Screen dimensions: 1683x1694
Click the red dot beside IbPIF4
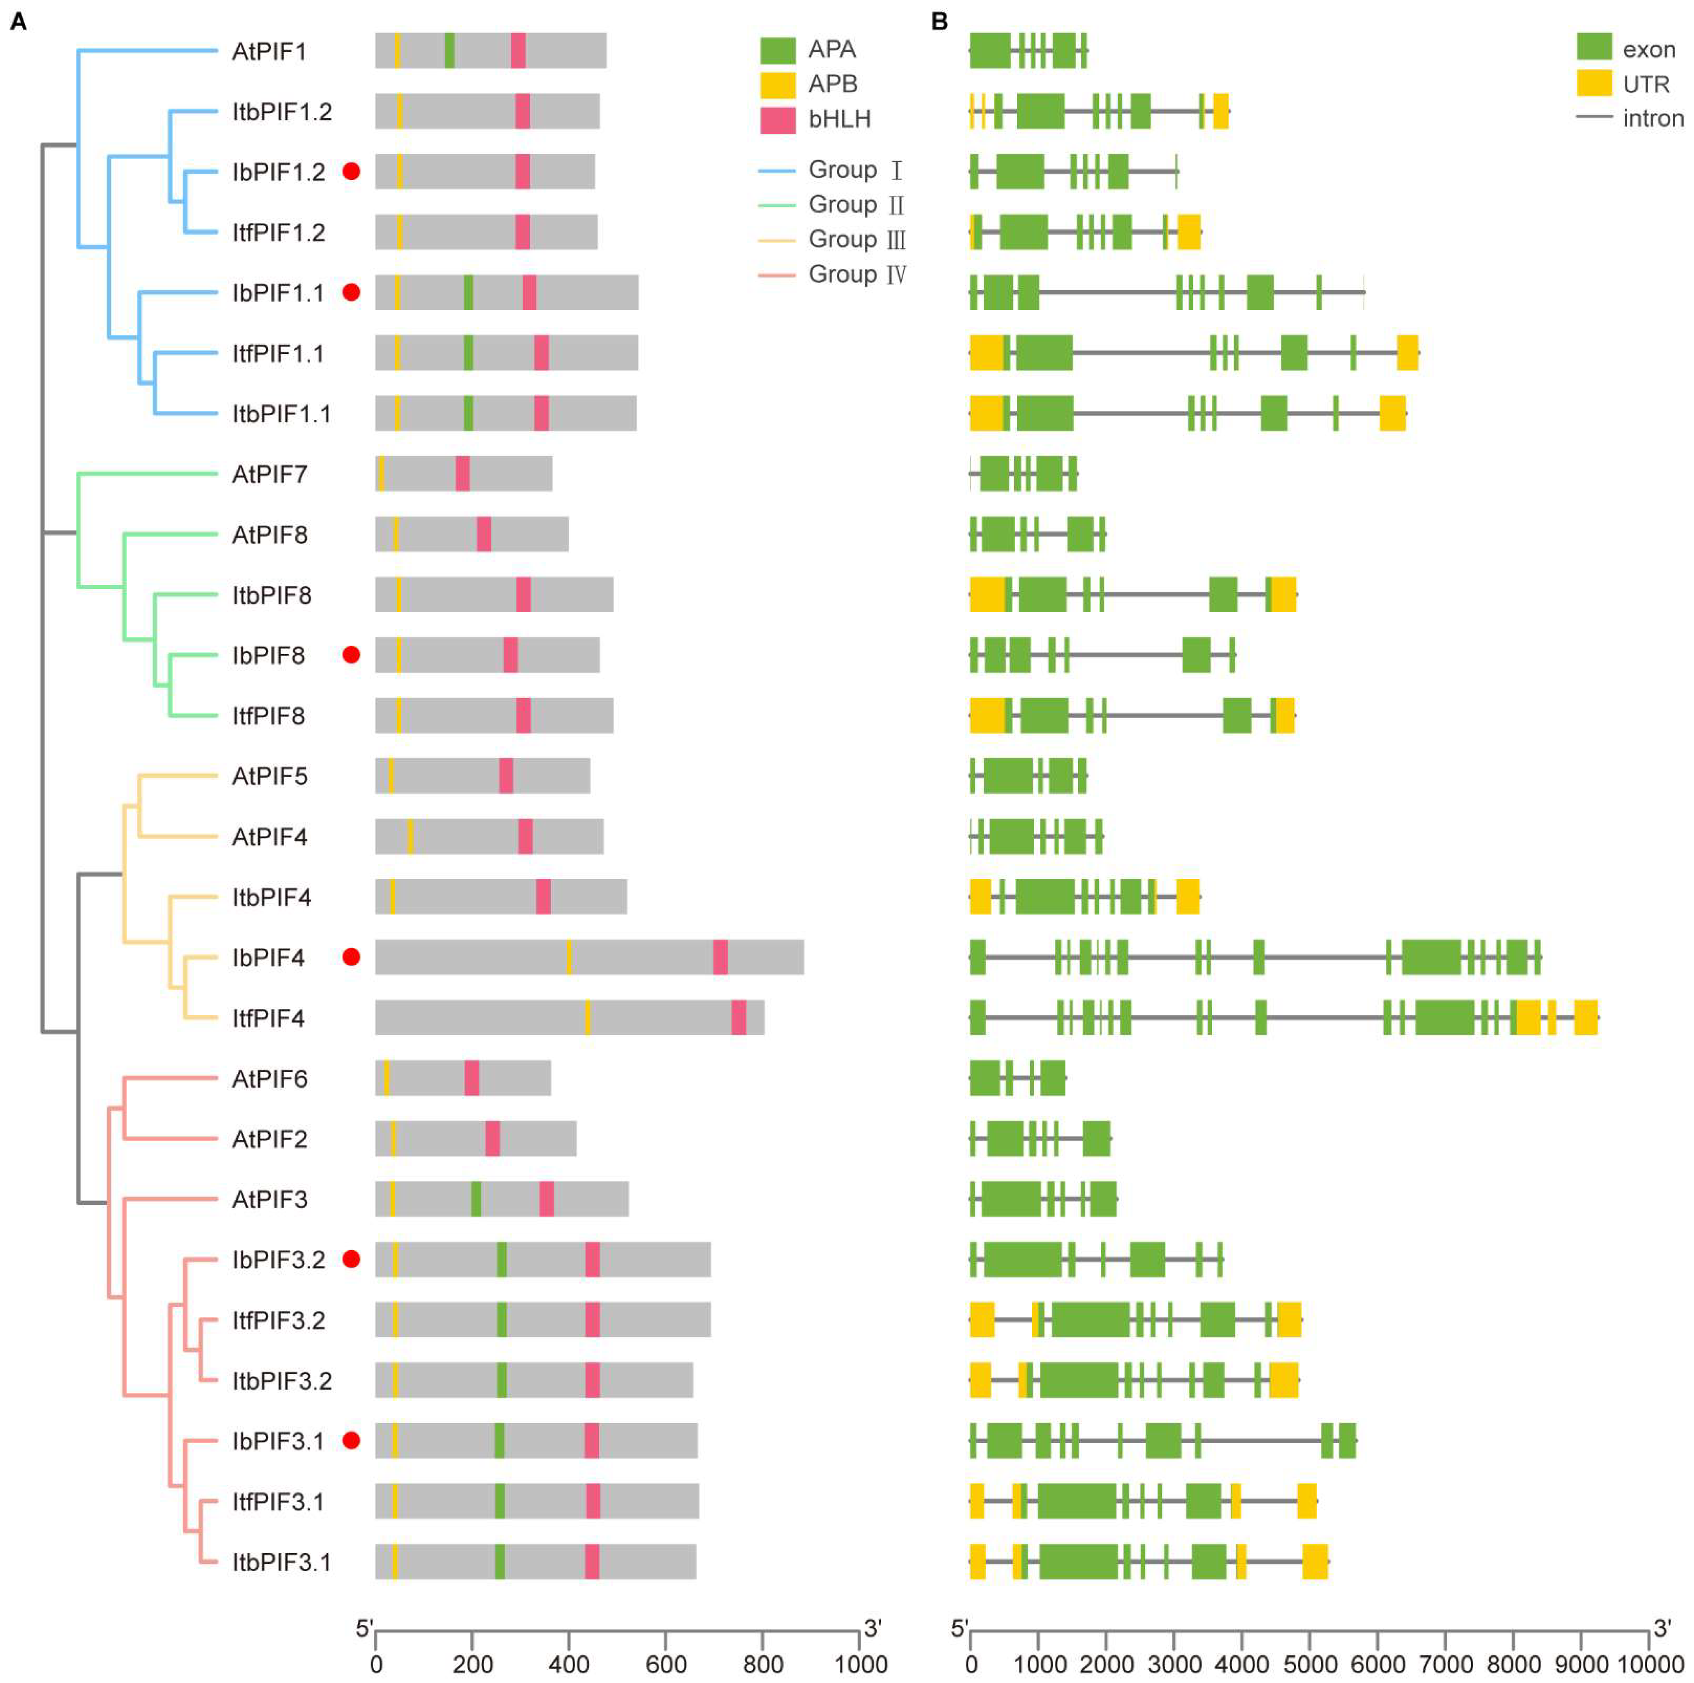pos(351,957)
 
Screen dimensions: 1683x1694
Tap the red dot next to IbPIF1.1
pos(351,292)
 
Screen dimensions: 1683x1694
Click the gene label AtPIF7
pos(269,474)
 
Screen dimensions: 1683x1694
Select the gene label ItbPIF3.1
pos(281,1562)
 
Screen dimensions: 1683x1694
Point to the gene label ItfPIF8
pos(268,716)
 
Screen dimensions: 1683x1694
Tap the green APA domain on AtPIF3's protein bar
pos(476,1199)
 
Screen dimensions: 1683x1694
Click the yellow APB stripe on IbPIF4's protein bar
pos(569,957)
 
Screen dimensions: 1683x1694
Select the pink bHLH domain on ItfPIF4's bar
pos(739,1017)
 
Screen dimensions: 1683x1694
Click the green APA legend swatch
pos(778,50)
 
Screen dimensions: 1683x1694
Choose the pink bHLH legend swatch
pos(778,119)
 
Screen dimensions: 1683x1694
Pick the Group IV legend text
pos(857,275)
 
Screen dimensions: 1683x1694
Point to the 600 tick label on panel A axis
pos(666,1664)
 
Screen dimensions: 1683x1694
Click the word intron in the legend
pos(1653,118)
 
